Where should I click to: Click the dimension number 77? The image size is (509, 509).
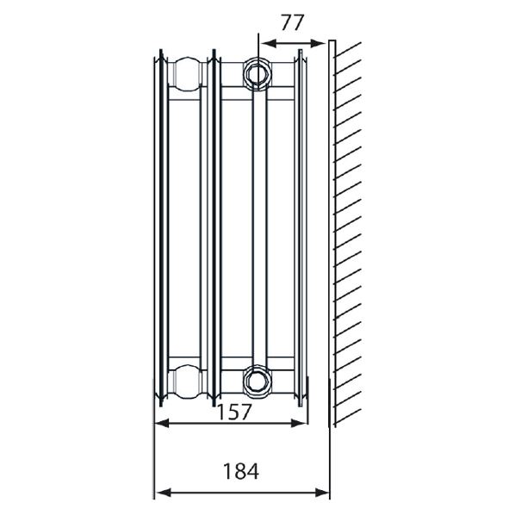click(293, 22)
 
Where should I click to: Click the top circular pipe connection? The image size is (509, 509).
click(257, 71)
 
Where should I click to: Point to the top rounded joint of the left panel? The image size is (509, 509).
click(184, 72)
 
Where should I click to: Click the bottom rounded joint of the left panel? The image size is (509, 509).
click(184, 379)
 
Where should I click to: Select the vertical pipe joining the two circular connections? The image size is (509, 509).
click(258, 224)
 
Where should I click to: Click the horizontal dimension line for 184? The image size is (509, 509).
click(242, 493)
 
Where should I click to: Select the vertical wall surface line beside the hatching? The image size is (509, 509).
click(332, 233)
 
